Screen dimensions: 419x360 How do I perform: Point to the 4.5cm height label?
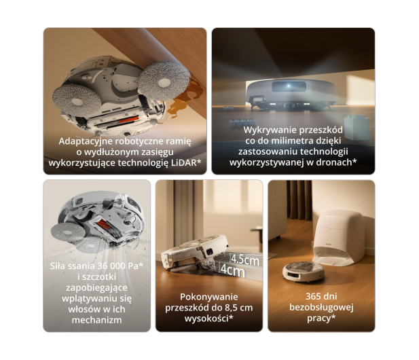point(245,259)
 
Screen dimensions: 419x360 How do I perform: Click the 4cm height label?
point(233,270)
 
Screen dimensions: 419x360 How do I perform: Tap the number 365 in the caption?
point(314,296)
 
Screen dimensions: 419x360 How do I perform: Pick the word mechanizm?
point(96,320)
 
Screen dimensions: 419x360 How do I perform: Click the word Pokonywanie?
point(209,297)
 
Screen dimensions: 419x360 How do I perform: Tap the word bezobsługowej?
point(321,308)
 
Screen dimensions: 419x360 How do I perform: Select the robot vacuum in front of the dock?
point(304,272)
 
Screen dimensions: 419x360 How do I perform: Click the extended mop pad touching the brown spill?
point(164,81)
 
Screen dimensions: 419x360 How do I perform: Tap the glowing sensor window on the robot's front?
point(289,86)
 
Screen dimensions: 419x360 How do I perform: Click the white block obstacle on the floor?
point(357,129)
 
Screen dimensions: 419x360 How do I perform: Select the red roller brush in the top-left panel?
point(128,120)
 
